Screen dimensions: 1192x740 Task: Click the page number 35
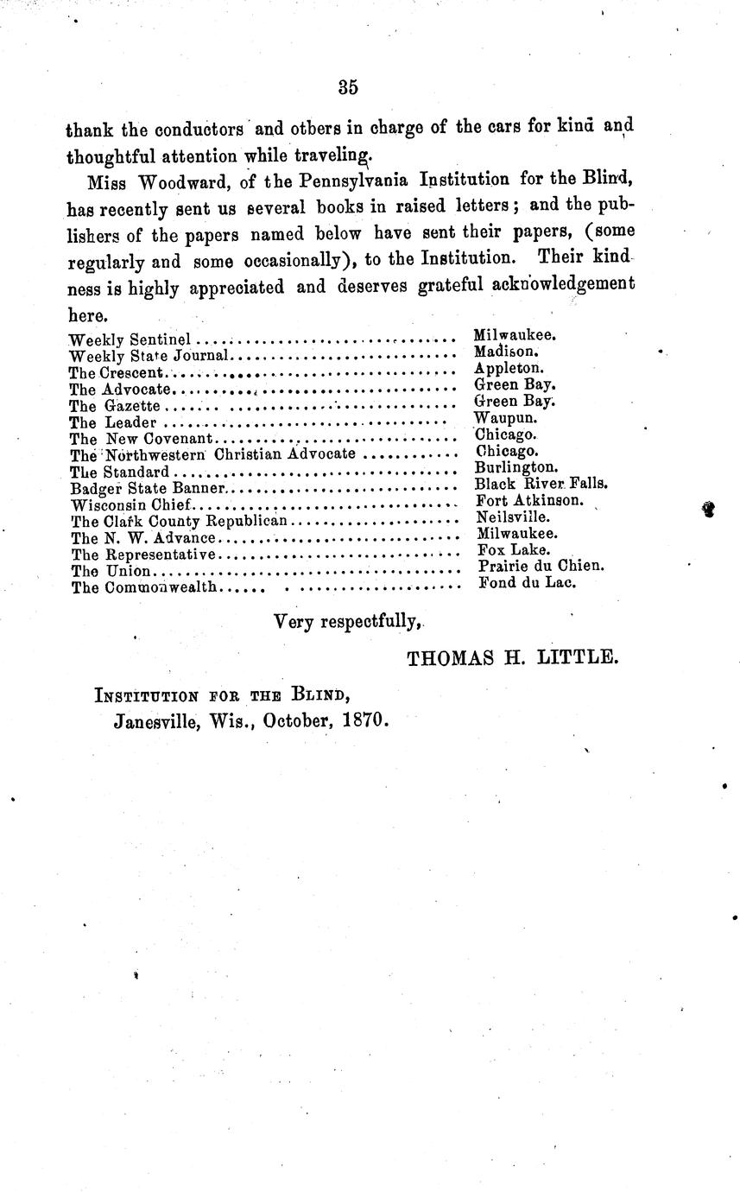[348, 86]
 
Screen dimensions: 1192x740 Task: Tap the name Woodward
[168, 183]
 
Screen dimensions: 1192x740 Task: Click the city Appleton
[509, 368]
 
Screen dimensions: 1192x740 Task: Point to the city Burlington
[516, 467]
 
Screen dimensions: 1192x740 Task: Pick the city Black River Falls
[541, 484]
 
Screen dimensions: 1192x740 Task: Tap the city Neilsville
[513, 517]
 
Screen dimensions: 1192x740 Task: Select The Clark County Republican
[179, 521]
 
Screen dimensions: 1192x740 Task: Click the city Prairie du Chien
[541, 566]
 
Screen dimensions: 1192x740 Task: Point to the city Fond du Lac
[526, 582]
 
